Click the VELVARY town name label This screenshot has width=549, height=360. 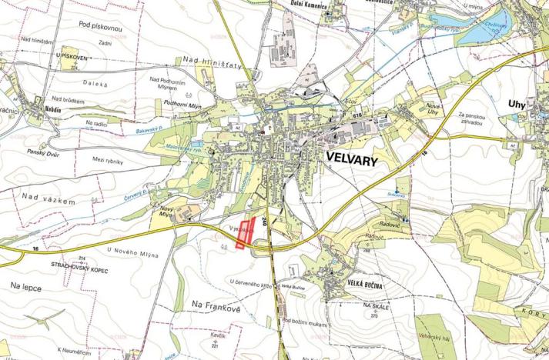(x=360, y=155)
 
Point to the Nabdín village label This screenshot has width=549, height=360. (x=53, y=110)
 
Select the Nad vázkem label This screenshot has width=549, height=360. (x=48, y=200)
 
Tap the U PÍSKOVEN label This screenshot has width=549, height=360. (x=68, y=56)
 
